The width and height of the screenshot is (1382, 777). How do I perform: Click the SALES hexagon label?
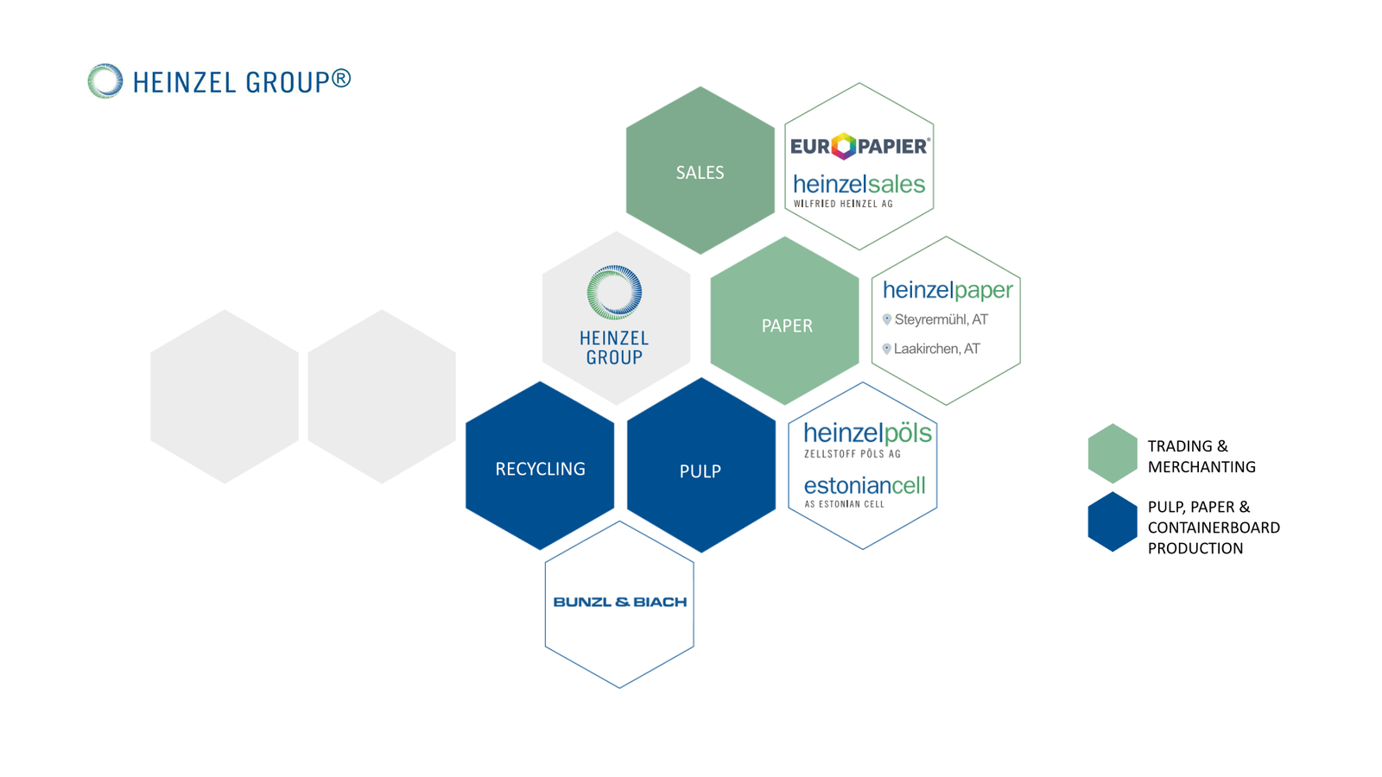[x=700, y=173]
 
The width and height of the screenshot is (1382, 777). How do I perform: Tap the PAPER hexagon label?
[x=787, y=325]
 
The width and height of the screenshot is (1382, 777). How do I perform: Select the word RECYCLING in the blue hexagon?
[x=540, y=470]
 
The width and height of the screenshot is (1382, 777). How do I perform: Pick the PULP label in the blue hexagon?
[x=701, y=471]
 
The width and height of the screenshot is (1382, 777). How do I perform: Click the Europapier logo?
[x=860, y=146]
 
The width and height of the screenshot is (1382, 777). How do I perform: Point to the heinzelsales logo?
[x=859, y=191]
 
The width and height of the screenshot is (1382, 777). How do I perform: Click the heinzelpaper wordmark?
[x=948, y=290]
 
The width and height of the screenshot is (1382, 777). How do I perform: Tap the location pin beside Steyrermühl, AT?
[x=886, y=319]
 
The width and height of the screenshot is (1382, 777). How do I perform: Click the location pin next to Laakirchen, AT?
[x=886, y=349]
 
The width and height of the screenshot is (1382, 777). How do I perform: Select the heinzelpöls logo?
[x=867, y=439]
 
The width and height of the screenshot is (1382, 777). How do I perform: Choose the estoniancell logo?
[x=865, y=491]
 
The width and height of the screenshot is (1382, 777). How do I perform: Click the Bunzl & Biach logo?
[x=619, y=602]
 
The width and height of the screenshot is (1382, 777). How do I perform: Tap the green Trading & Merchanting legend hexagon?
[x=1113, y=453]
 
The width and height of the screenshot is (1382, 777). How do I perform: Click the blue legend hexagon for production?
[x=1113, y=521]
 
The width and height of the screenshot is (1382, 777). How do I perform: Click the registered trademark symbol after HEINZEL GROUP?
[x=341, y=79]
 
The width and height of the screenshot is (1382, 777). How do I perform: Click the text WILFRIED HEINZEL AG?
[x=843, y=204]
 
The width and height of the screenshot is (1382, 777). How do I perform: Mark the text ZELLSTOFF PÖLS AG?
[x=852, y=454]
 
